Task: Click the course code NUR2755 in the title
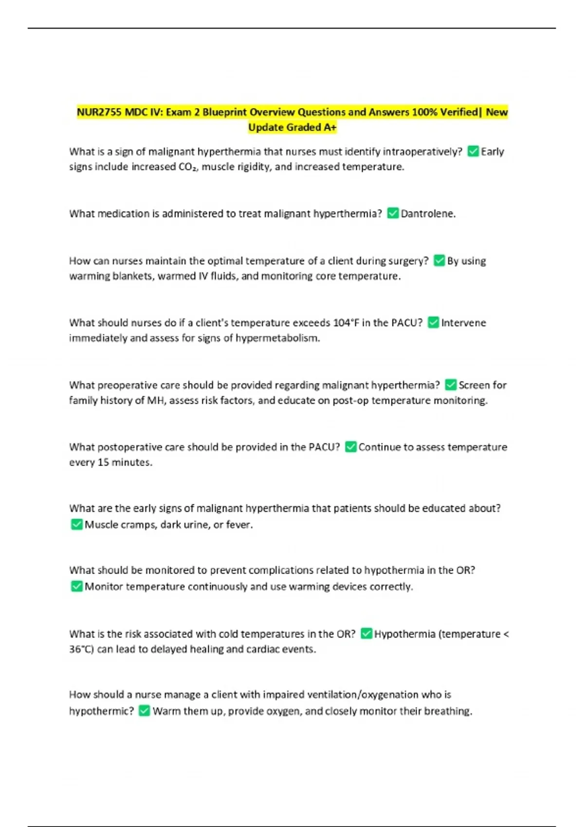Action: (x=99, y=112)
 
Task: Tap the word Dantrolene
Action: (x=427, y=214)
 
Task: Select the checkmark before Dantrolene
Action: (x=393, y=214)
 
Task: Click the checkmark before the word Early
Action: (x=473, y=151)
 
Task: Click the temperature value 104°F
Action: (x=346, y=323)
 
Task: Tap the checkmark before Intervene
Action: (x=433, y=323)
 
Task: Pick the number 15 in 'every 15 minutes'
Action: (x=103, y=462)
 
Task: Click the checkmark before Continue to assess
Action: (x=350, y=447)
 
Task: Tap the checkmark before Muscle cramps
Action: (x=76, y=524)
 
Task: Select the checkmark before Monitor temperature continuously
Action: (x=76, y=586)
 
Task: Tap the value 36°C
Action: (x=81, y=649)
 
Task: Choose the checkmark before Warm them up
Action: (x=144, y=711)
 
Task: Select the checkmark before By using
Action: (x=439, y=261)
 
